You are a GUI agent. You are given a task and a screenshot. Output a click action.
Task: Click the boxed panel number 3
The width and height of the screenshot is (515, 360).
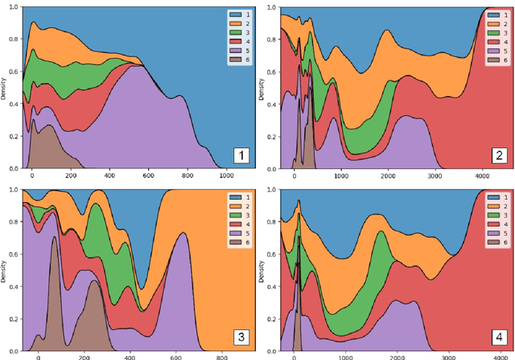pyautogui.click(x=237, y=337)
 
